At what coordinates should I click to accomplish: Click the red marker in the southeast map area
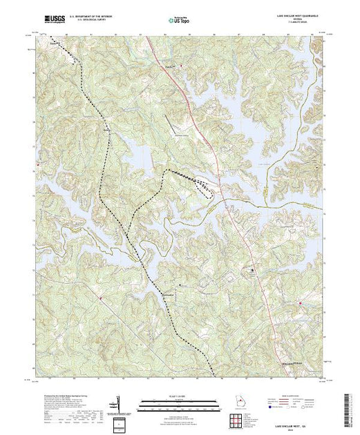(301, 302)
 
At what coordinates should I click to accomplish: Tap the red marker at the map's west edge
(37, 165)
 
